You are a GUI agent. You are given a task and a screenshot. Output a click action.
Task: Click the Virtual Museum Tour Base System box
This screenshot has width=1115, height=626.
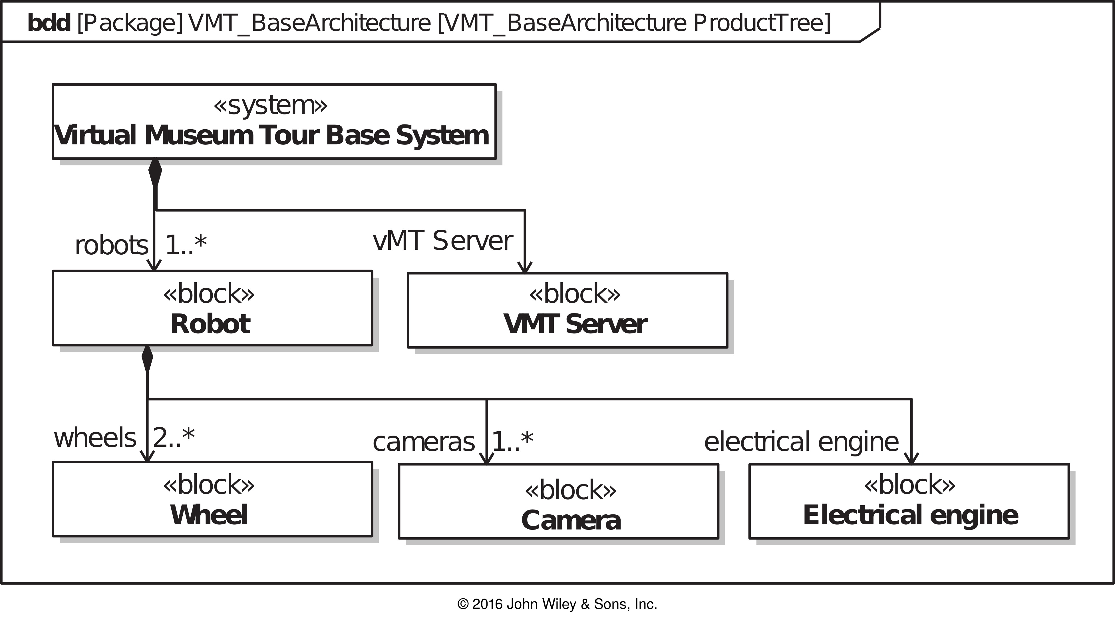[x=274, y=122]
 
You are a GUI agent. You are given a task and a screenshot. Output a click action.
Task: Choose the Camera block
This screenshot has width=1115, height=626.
[x=558, y=501]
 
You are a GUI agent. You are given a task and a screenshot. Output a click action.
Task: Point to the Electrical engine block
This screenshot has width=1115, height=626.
[x=909, y=501]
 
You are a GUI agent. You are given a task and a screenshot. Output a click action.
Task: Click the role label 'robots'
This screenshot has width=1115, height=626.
[x=112, y=245]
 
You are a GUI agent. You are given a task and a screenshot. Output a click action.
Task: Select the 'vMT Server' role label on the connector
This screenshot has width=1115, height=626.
[x=443, y=241]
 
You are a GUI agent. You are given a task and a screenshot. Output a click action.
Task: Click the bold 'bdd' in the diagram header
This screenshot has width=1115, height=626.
[x=49, y=23]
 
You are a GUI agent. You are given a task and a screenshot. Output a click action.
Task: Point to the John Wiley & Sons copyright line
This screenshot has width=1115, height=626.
[x=557, y=604]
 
